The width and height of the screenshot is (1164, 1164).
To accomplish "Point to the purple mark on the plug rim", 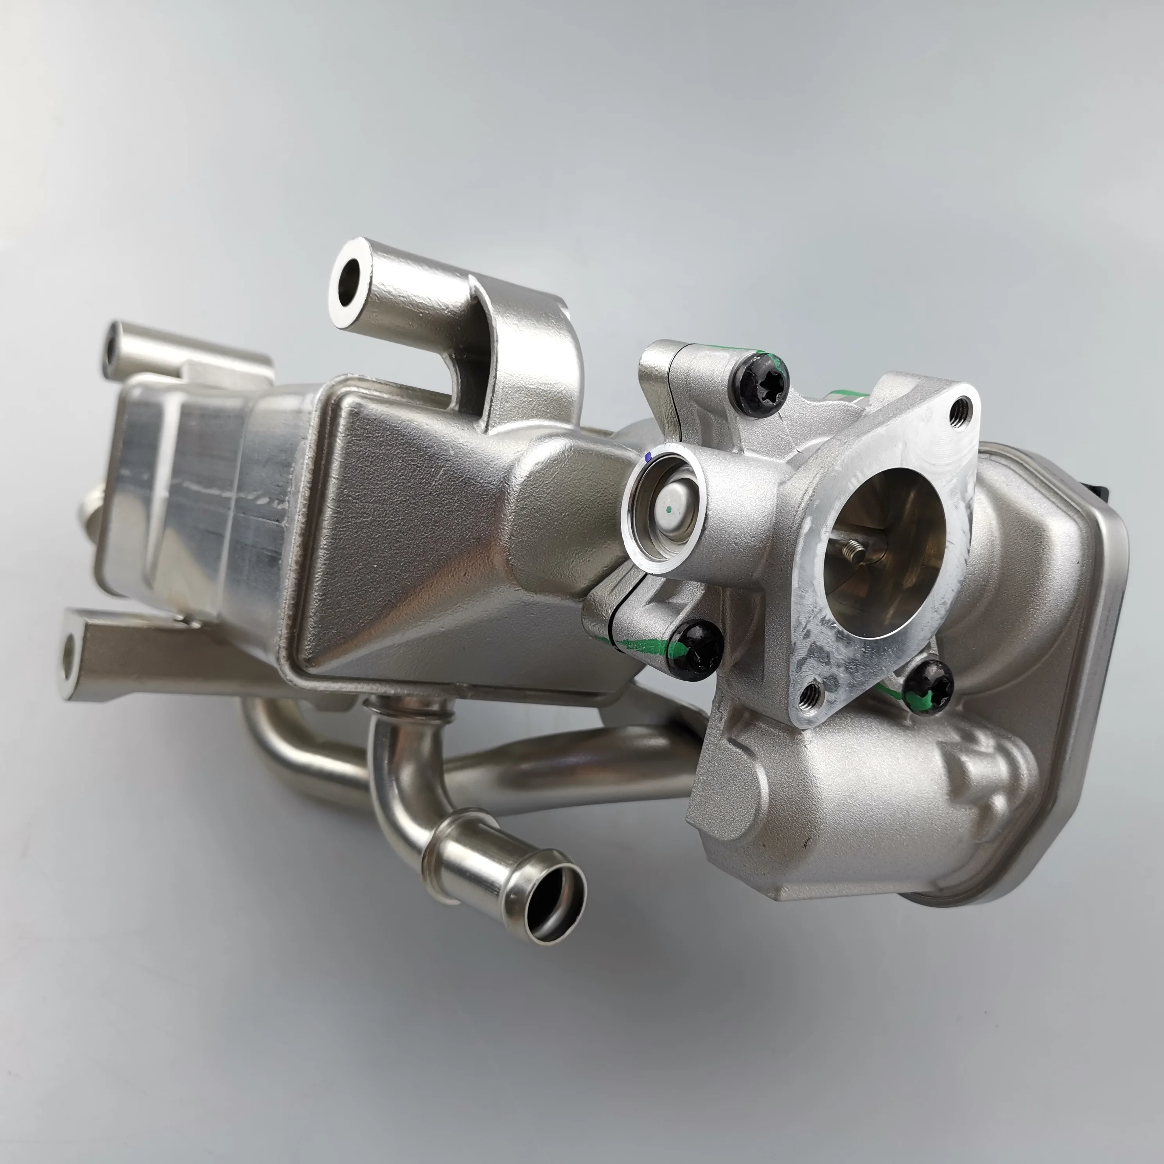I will click(648, 458).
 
